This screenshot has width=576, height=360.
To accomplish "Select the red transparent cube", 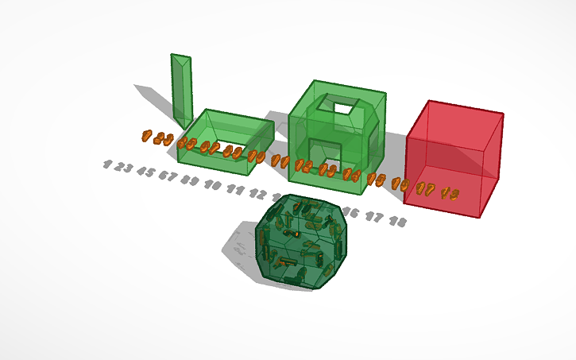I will click(x=454, y=159).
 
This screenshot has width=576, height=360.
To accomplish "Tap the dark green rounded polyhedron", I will click(x=302, y=242).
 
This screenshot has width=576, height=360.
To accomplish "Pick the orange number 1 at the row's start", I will click(x=146, y=136).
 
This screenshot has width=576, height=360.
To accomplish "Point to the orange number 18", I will click(x=450, y=192).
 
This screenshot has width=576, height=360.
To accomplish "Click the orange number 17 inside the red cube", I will click(x=426, y=189).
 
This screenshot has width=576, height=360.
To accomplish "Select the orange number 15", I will click(x=376, y=180).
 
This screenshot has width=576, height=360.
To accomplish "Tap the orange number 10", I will click(x=256, y=156).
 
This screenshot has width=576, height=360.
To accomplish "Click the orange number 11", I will click(x=280, y=161).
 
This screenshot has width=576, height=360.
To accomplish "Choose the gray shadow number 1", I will click(x=107, y=165).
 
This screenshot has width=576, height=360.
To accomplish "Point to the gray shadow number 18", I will click(x=398, y=222).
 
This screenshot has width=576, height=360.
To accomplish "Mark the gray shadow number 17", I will click(x=374, y=217).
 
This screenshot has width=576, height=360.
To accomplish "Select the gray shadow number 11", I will click(x=235, y=189).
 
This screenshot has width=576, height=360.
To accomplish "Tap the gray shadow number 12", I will click(x=257, y=193).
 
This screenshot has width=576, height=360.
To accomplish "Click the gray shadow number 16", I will click(x=350, y=212).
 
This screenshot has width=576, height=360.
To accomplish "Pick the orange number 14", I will click(x=352, y=176).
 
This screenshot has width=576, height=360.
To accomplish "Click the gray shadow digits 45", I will click(x=145, y=171).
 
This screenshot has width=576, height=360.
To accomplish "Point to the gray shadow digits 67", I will click(x=167, y=175).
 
